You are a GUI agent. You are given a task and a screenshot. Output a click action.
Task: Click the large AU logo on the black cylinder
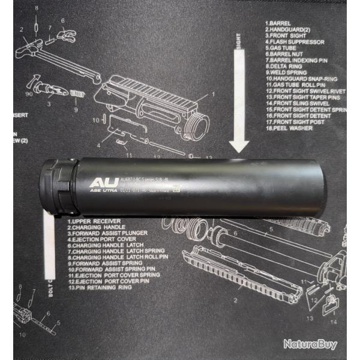pyautogui.click(x=98, y=182)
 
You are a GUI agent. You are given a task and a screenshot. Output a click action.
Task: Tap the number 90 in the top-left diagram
pyautogui.click(x=29, y=94)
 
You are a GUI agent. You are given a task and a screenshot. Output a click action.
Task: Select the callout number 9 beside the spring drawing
pyautogui.click(x=76, y=110)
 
